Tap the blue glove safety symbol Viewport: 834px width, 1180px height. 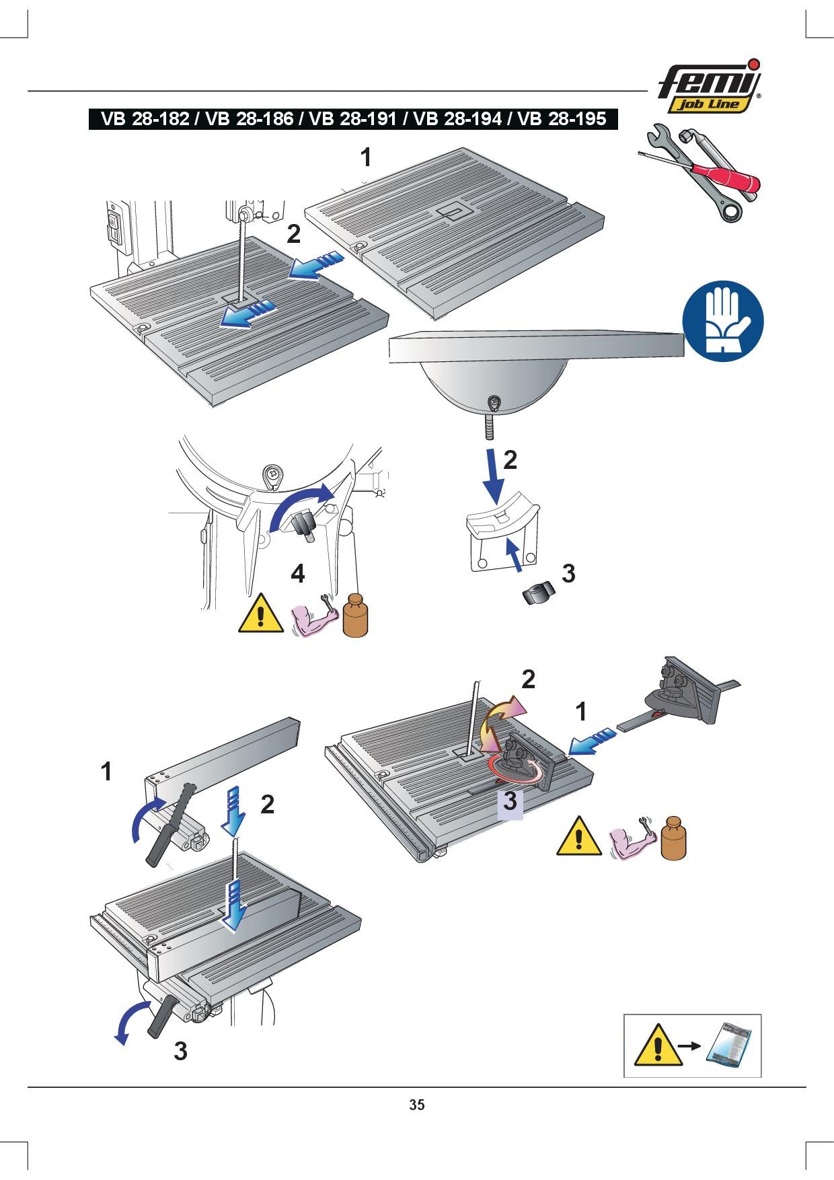723,320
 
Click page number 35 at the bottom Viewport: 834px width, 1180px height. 417,1105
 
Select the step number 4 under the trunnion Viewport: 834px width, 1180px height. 298,574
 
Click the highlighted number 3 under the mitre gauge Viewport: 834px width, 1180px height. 510,801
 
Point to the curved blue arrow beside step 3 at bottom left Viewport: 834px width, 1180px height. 131,1023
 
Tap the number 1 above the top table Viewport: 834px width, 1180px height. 365,157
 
